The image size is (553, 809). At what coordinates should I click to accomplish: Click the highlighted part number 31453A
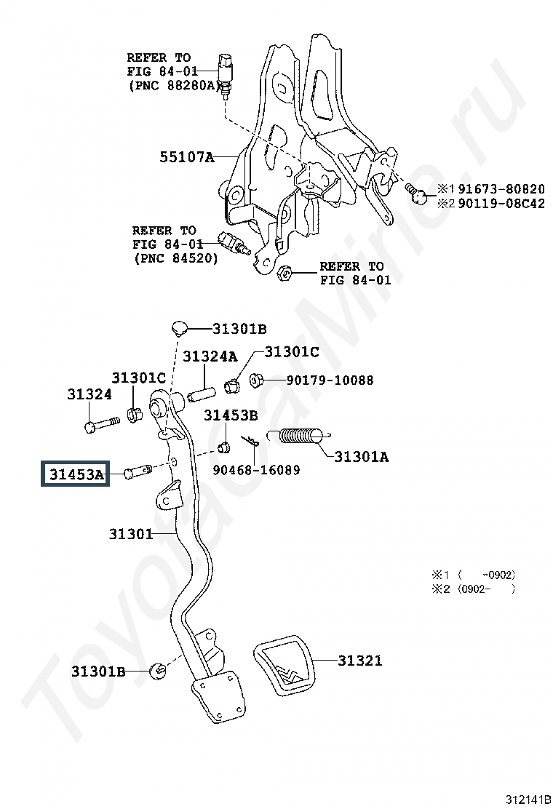coord(76,474)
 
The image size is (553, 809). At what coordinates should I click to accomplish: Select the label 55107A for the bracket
coord(187,156)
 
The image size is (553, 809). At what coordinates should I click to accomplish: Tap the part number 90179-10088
coord(330,380)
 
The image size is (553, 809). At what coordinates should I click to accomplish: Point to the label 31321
coord(360,661)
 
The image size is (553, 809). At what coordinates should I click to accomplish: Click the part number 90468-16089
coord(256,470)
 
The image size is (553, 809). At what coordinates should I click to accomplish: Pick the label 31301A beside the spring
coord(362,457)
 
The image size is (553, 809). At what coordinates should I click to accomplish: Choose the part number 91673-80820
coord(501,189)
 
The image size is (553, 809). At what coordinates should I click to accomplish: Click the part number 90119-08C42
coord(501,203)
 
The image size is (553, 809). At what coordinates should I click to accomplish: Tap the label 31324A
coord(210,356)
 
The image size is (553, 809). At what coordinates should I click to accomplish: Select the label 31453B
coord(231,415)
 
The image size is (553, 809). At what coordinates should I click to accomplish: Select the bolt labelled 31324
coord(101,425)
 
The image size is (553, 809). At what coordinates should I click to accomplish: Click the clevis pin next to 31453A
coord(138,471)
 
